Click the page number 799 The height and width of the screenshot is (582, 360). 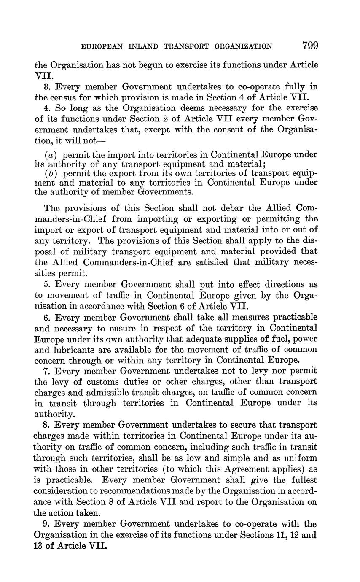(x=309, y=45)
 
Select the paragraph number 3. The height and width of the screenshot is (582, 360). (x=46, y=87)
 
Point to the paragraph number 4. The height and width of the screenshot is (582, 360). (x=46, y=108)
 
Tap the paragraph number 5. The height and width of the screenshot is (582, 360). (x=46, y=285)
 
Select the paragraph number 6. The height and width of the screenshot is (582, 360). (x=46, y=317)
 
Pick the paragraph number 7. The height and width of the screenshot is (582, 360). (x=46, y=371)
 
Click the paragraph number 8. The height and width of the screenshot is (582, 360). (x=46, y=426)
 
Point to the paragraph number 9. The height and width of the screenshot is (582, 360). (x=46, y=524)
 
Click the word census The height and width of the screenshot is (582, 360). (x=64, y=98)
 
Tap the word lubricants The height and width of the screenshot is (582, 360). (x=73, y=350)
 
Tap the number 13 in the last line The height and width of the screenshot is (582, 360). (x=39, y=545)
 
